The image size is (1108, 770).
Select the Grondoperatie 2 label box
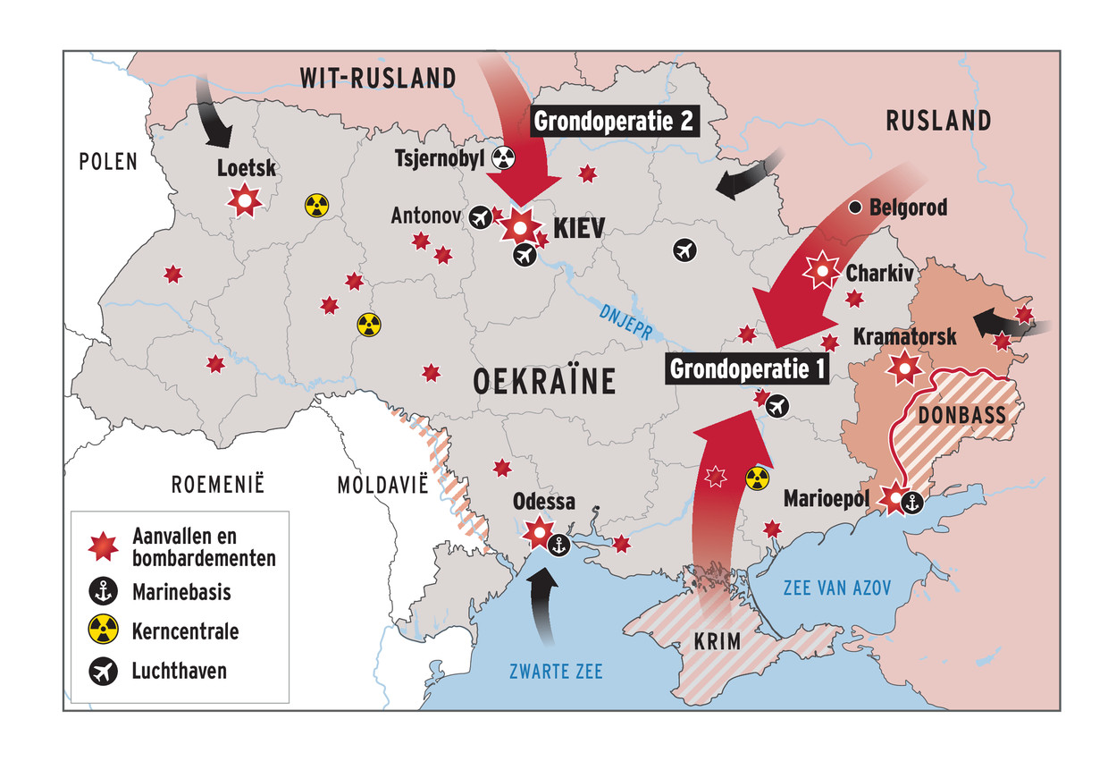click(614, 121)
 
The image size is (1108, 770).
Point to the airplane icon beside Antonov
click(480, 216)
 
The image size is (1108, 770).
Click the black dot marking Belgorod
click(854, 207)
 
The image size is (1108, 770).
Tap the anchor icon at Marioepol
click(911, 503)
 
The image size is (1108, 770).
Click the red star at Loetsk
click(244, 200)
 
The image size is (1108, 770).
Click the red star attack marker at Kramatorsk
click(906, 367)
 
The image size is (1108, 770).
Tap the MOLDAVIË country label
click(383, 485)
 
